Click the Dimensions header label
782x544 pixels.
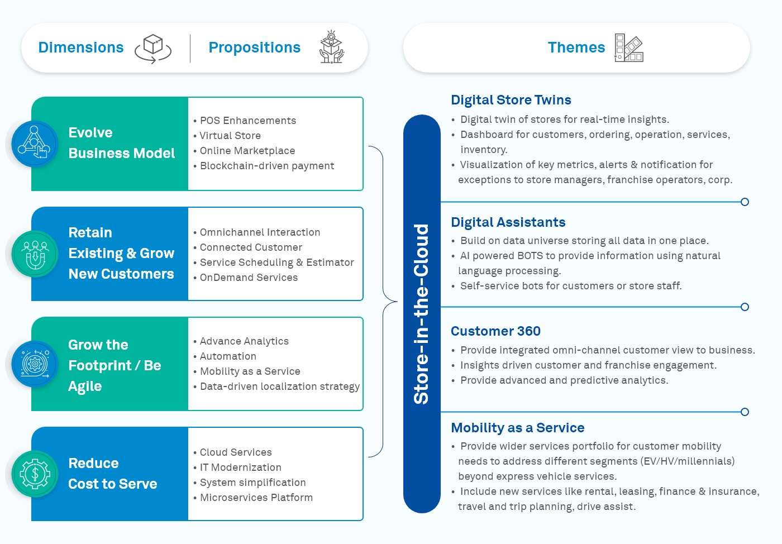tap(81, 47)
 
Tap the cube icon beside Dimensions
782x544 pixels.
tap(152, 48)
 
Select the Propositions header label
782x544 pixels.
tap(254, 47)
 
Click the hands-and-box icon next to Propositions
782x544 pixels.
tap(331, 47)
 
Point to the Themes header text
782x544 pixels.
tap(576, 47)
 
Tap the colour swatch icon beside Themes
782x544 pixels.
tap(629, 47)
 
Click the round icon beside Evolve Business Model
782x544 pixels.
tap(35, 144)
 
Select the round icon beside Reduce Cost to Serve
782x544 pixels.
tap(35, 474)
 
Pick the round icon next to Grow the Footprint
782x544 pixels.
tap(35, 364)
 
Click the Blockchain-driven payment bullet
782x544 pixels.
tap(266, 166)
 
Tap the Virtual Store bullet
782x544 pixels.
tap(230, 136)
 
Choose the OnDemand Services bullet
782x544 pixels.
tap(249, 278)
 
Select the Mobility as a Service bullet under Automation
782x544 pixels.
tap(250, 371)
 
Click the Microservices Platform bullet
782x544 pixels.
tap(256, 498)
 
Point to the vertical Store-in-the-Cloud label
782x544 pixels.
tap(422, 313)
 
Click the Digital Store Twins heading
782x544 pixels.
tap(511, 100)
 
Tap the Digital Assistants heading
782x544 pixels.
tap(508, 222)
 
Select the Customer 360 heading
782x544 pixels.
tap(495, 331)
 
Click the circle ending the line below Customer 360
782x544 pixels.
tap(745, 412)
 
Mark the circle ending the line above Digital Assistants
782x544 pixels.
tap(745, 202)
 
